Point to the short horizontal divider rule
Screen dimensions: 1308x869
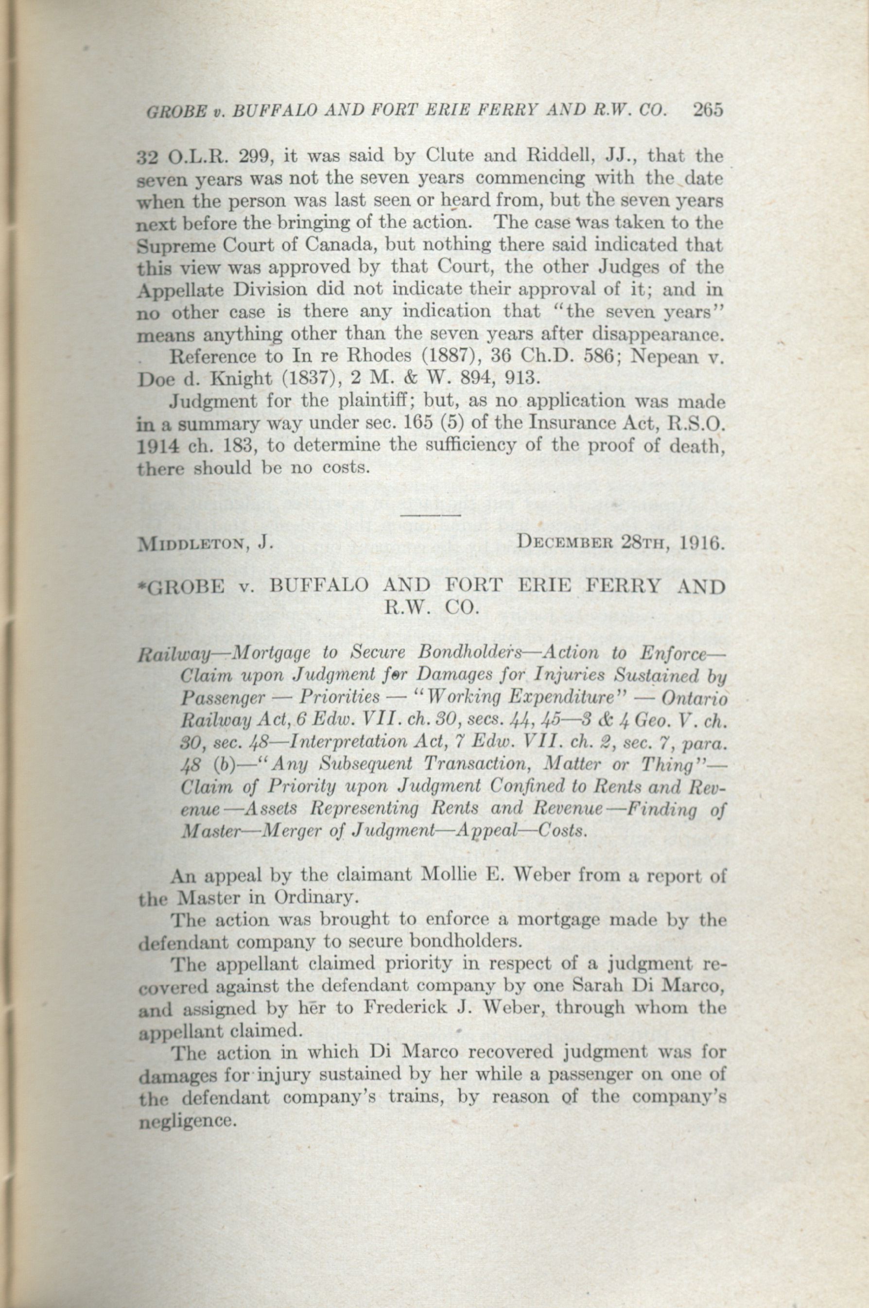(431, 515)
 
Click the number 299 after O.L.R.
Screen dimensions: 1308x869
(254, 157)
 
